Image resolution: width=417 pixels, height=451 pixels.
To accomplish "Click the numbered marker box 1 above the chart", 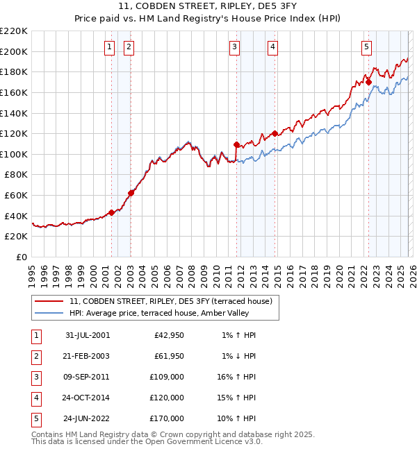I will pos(110,47).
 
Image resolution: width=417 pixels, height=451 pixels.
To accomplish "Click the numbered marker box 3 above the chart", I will pos(235,47).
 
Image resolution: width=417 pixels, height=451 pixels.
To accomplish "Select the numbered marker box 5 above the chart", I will pos(366,47).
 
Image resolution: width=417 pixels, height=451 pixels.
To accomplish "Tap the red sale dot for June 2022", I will pos(368,82).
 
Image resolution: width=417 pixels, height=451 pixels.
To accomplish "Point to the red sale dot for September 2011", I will pos(236,145).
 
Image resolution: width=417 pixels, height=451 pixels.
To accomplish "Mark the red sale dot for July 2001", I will pos(111,213).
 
